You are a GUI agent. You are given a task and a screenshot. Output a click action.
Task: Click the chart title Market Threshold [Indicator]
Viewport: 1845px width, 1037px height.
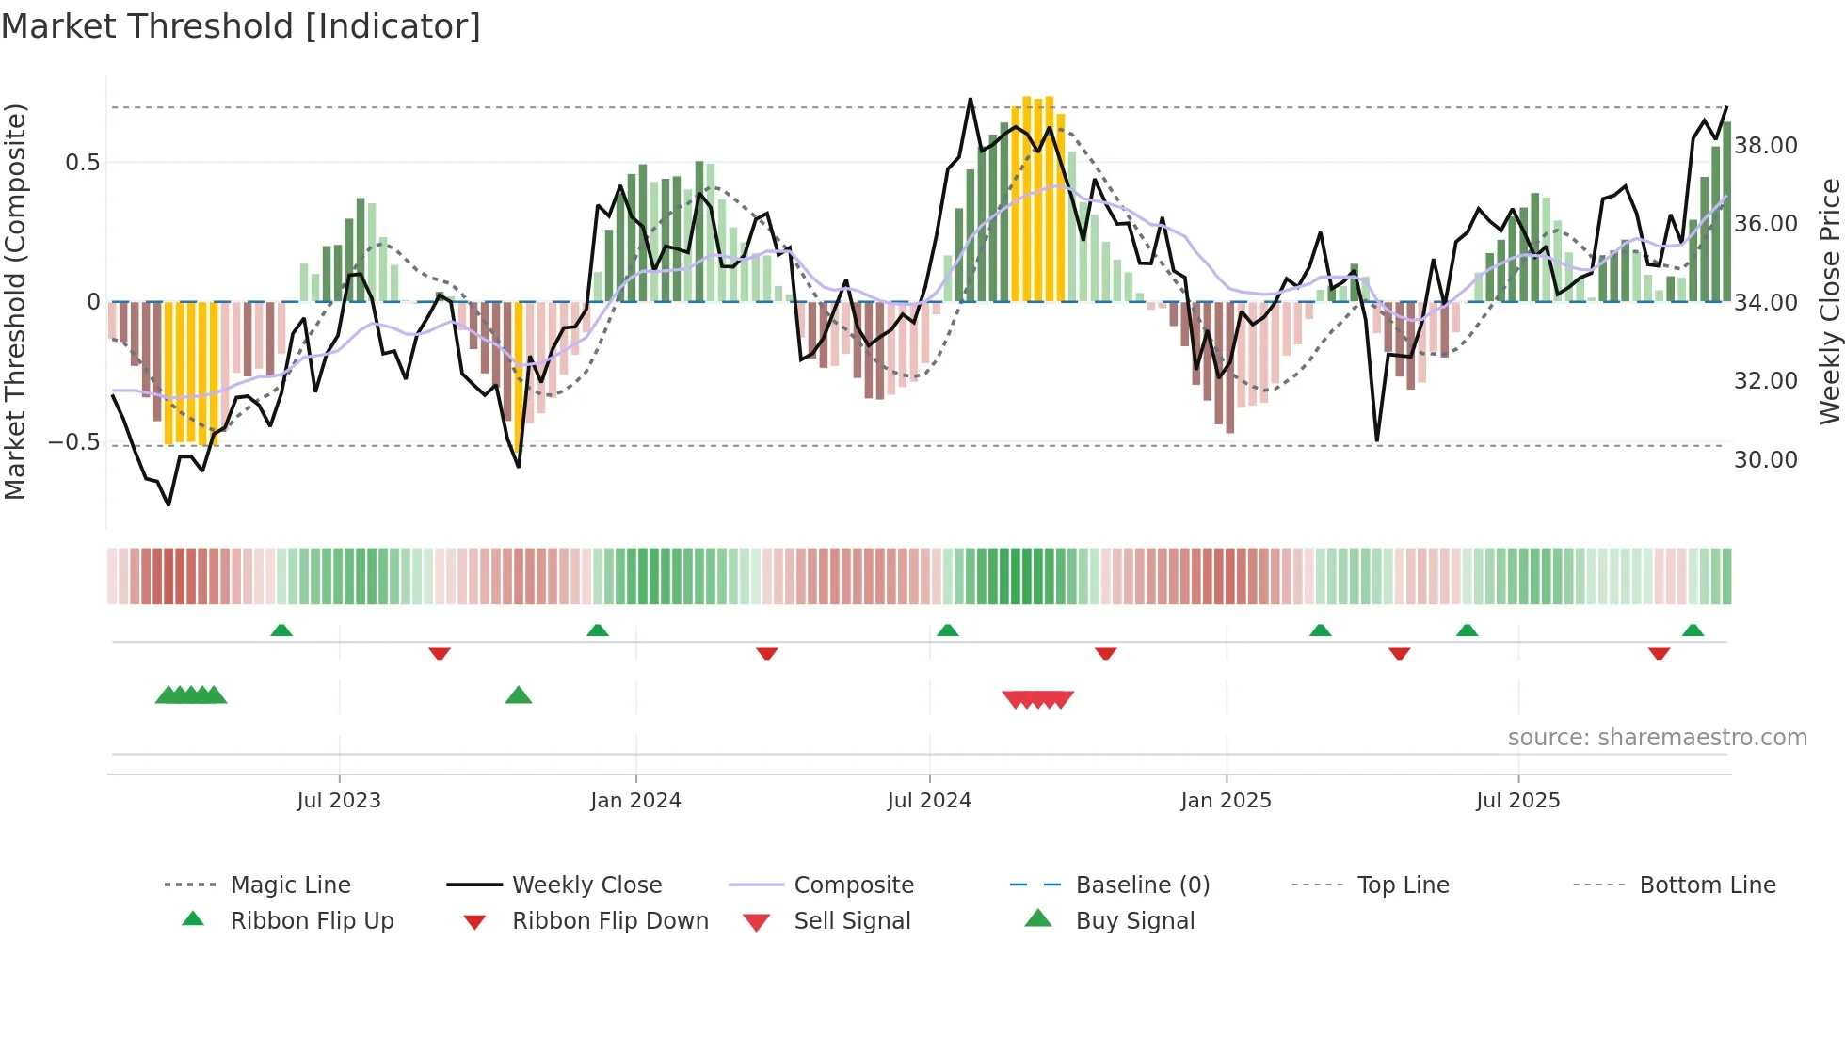[241, 26]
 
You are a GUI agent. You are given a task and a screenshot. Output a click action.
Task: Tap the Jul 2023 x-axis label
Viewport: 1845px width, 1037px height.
[339, 801]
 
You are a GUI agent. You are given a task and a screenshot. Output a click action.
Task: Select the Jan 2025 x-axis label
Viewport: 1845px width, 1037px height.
[1226, 801]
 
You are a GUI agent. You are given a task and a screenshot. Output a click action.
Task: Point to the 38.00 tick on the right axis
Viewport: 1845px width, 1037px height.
[1766, 146]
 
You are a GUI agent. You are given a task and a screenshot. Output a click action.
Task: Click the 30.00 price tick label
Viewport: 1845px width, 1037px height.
[1766, 460]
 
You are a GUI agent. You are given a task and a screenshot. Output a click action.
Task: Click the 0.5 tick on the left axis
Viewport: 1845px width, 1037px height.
[82, 163]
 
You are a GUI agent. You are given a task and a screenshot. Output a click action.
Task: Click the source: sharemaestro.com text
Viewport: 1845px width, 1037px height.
[1657, 738]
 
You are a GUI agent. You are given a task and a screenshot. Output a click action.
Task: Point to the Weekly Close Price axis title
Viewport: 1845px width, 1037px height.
[1829, 301]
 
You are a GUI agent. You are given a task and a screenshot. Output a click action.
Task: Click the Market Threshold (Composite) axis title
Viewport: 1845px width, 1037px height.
[15, 301]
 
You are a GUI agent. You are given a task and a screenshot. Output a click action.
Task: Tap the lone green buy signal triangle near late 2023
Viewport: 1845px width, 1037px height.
[519, 696]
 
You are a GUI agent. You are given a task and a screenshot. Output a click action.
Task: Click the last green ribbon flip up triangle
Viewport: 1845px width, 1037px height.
[1693, 630]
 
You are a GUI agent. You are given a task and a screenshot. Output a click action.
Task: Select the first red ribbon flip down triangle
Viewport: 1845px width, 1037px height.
[440, 653]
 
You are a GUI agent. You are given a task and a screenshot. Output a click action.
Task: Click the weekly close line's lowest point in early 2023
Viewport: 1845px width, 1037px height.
[168, 504]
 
